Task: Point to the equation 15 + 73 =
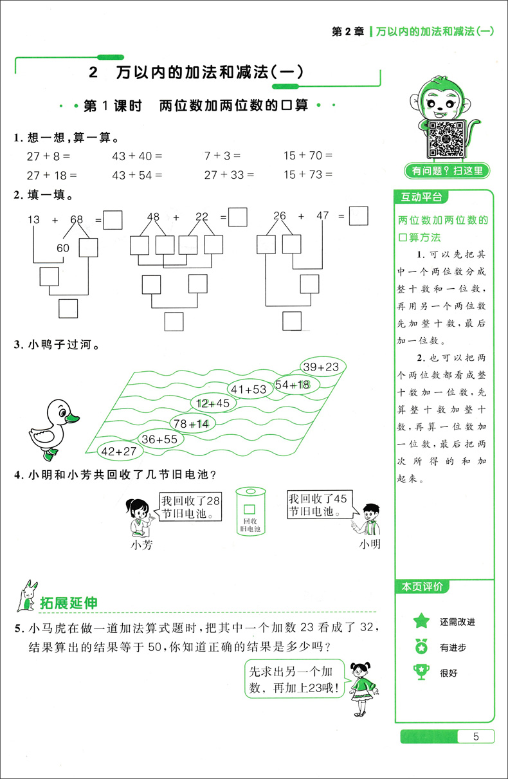307,174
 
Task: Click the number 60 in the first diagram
63,248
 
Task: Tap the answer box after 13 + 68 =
113,220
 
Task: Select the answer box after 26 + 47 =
359,216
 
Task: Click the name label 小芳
141,545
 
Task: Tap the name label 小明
370,545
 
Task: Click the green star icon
421,621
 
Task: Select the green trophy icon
421,672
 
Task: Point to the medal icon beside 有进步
421,646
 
